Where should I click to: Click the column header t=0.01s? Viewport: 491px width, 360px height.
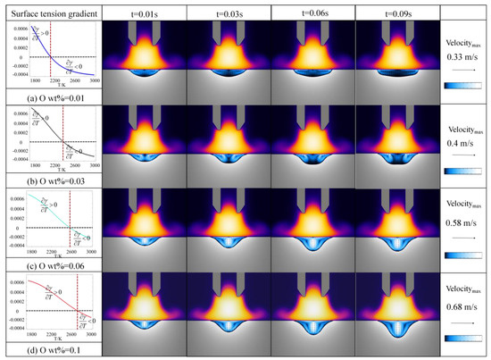[144, 12]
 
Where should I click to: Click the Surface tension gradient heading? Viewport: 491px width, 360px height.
[50, 12]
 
